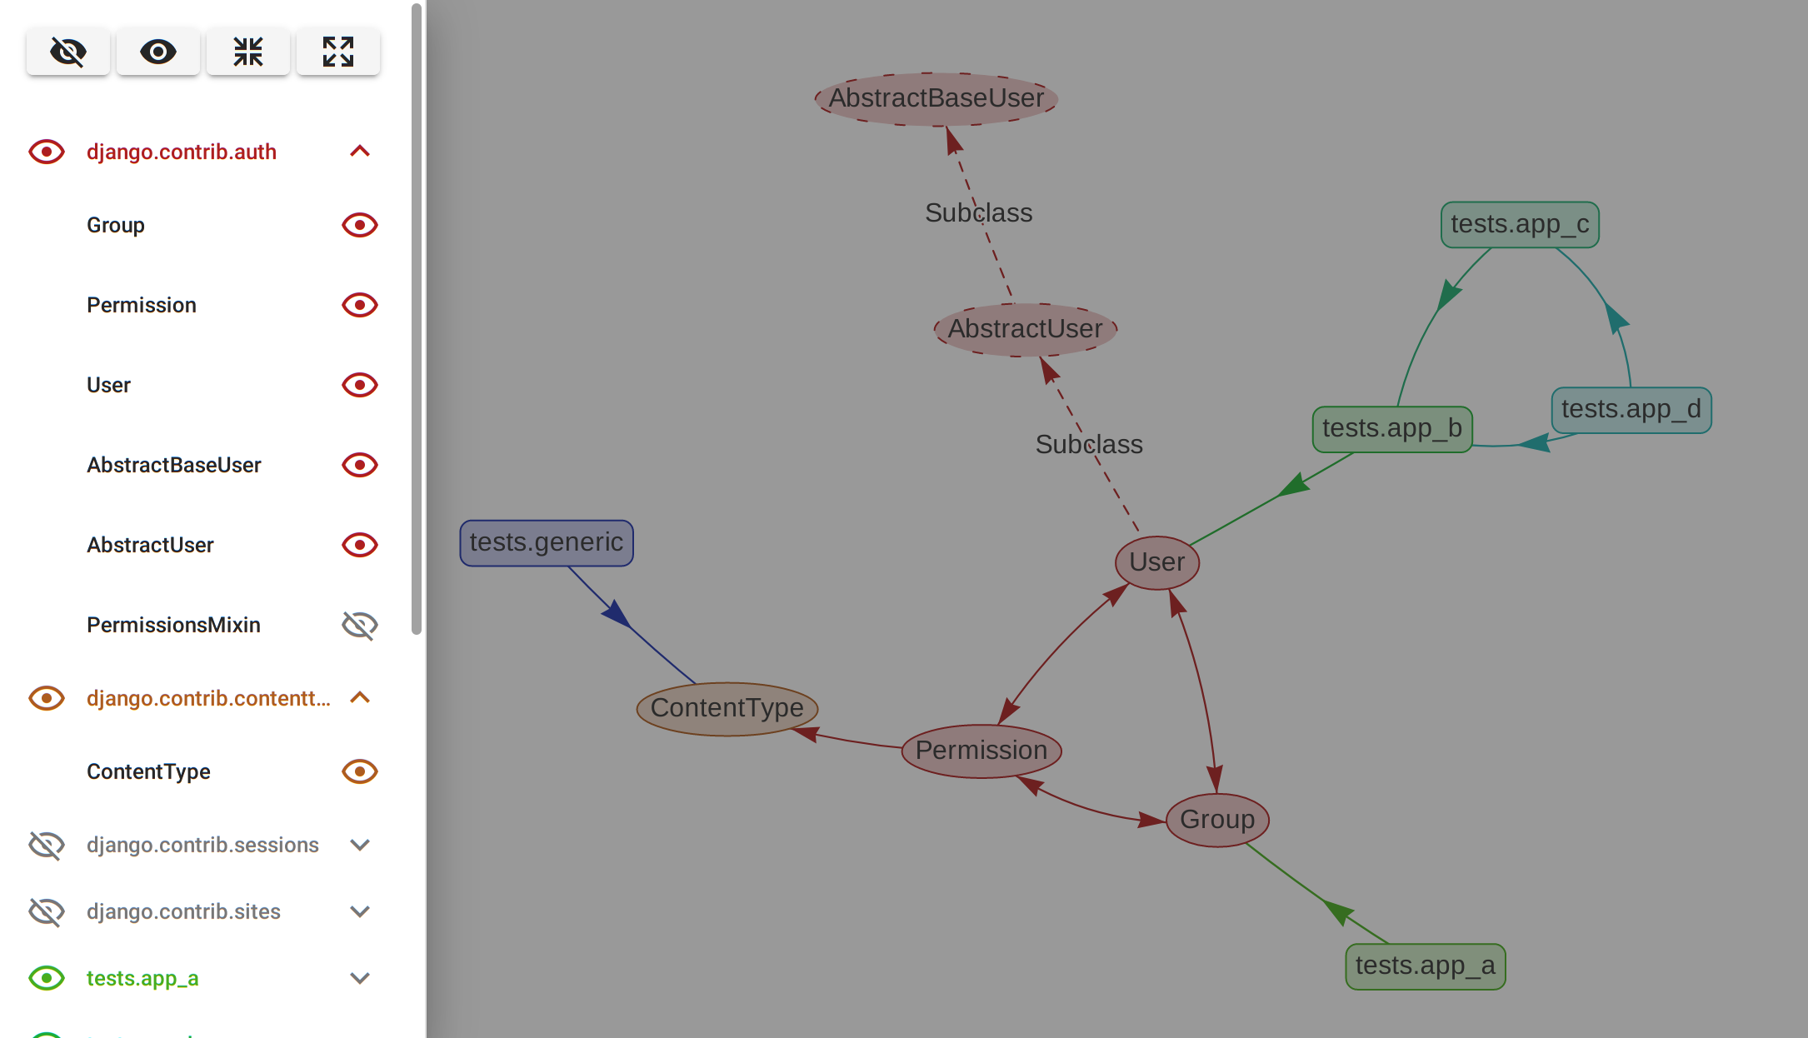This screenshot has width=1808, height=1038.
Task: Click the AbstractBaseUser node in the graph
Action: point(936,99)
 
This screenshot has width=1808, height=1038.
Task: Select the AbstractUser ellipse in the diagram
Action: point(1025,329)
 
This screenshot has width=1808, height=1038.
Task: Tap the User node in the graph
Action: point(1156,562)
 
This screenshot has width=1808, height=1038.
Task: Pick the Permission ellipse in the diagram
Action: point(981,751)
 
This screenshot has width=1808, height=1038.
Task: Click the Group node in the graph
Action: point(1216,820)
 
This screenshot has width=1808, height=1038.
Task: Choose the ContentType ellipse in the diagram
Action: point(727,708)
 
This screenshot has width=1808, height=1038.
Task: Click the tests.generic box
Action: point(546,543)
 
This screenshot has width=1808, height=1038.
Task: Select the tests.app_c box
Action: point(1519,225)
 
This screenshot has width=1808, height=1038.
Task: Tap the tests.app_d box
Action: point(1631,410)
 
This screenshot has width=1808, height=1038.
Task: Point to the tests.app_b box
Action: point(1391,429)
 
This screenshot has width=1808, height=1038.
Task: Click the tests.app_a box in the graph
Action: point(1425,966)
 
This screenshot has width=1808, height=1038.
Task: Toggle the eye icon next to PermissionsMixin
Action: point(359,625)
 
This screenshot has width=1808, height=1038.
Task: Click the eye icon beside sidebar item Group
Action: point(359,225)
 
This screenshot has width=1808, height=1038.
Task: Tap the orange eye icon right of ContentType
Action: point(359,771)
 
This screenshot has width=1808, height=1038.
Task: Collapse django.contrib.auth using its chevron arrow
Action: point(359,152)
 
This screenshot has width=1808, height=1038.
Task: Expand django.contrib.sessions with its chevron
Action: point(359,845)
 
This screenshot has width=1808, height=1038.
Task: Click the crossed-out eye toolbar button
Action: point(67,52)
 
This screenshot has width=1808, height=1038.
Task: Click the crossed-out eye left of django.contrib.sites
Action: point(47,911)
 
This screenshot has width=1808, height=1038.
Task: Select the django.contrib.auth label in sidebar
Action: point(182,152)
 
